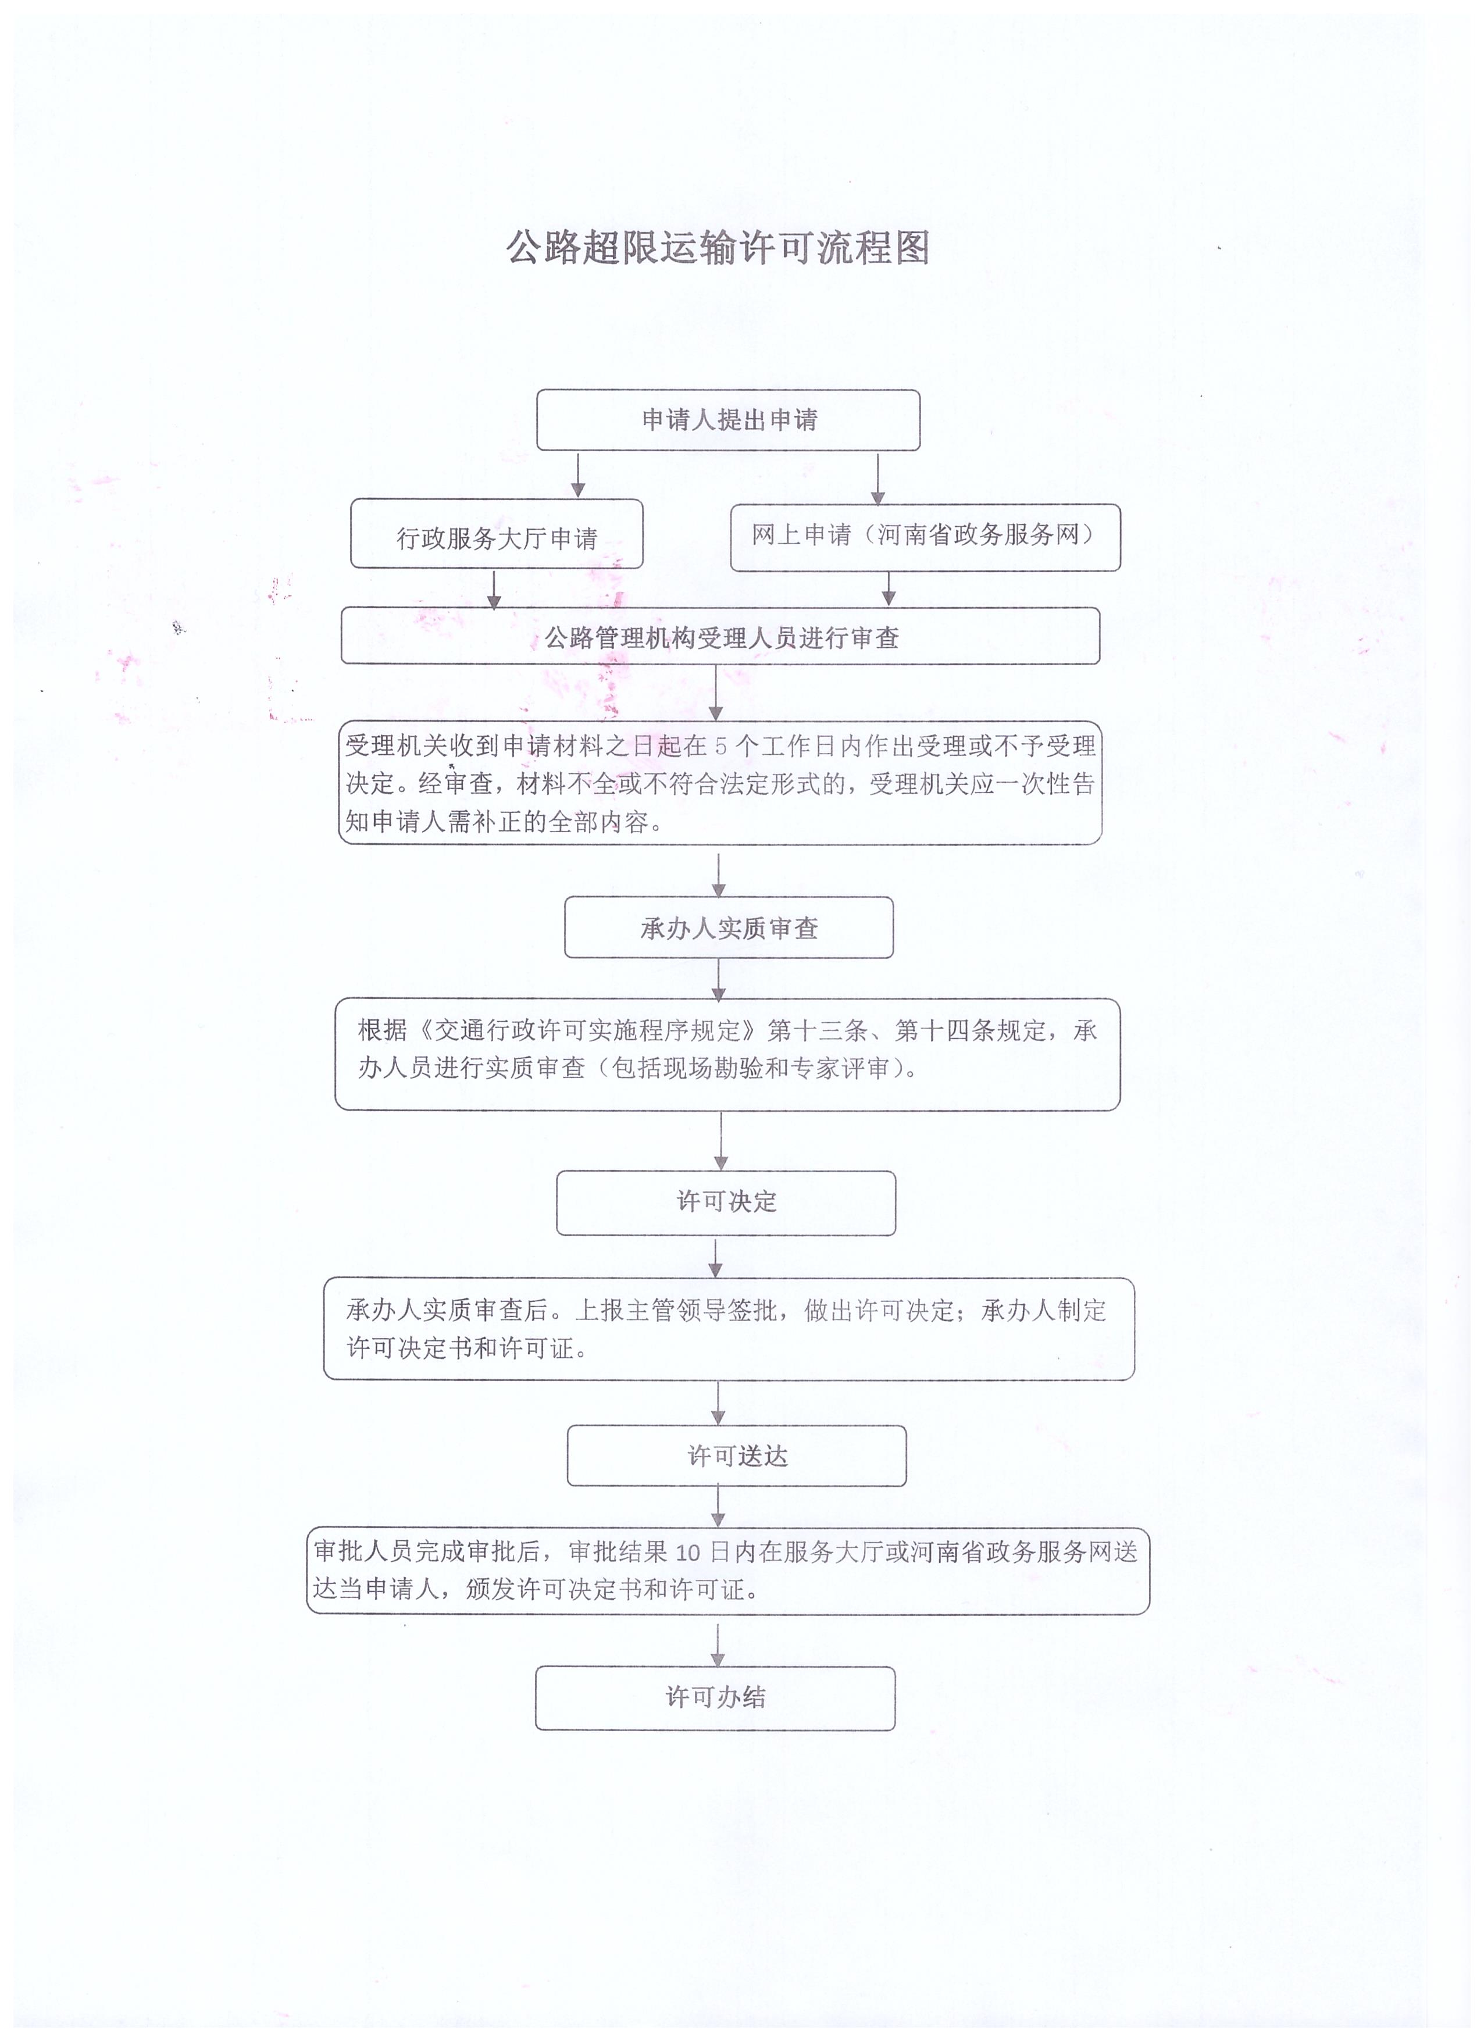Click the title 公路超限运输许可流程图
(717, 248)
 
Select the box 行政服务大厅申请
(497, 534)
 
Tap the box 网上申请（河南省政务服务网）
(925, 537)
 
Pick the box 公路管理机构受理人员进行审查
(720, 636)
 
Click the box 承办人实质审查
(729, 927)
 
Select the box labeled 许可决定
(726, 1203)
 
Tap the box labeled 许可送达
(737, 1455)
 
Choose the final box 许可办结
(715, 1697)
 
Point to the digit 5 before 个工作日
(720, 746)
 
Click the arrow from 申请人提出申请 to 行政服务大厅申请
(578, 475)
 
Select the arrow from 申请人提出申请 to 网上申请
(877, 478)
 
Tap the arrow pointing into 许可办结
(717, 1645)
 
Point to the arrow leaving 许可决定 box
(715, 1258)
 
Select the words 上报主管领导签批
(676, 1310)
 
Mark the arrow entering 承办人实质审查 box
(718, 875)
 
